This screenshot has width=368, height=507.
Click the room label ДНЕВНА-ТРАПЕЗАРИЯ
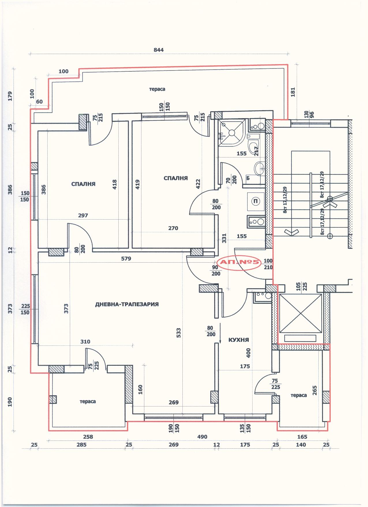(x=127, y=304)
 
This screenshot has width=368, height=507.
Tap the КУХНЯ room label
(x=238, y=340)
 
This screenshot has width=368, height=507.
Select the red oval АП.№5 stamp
(x=240, y=263)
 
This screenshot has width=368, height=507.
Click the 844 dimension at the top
(x=158, y=50)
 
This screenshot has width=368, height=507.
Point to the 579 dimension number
(x=126, y=259)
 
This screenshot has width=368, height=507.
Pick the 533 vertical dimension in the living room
(x=179, y=333)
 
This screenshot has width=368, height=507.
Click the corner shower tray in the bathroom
(x=231, y=133)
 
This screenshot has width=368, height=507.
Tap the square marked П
(x=255, y=201)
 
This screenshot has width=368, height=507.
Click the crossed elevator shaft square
(x=300, y=313)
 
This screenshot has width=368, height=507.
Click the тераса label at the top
(x=157, y=89)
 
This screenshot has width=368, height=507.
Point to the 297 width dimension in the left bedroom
(x=83, y=216)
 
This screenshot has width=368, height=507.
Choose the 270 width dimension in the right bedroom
(x=173, y=228)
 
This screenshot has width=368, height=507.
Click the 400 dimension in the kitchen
(x=249, y=352)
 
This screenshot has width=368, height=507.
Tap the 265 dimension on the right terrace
(x=315, y=391)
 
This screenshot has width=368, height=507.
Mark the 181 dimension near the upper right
(x=293, y=92)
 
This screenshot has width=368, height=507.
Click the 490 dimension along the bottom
(x=202, y=437)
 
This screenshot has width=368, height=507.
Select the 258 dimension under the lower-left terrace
(x=88, y=437)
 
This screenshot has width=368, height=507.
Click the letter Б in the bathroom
(x=248, y=178)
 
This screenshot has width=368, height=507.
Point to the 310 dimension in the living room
(x=85, y=342)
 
